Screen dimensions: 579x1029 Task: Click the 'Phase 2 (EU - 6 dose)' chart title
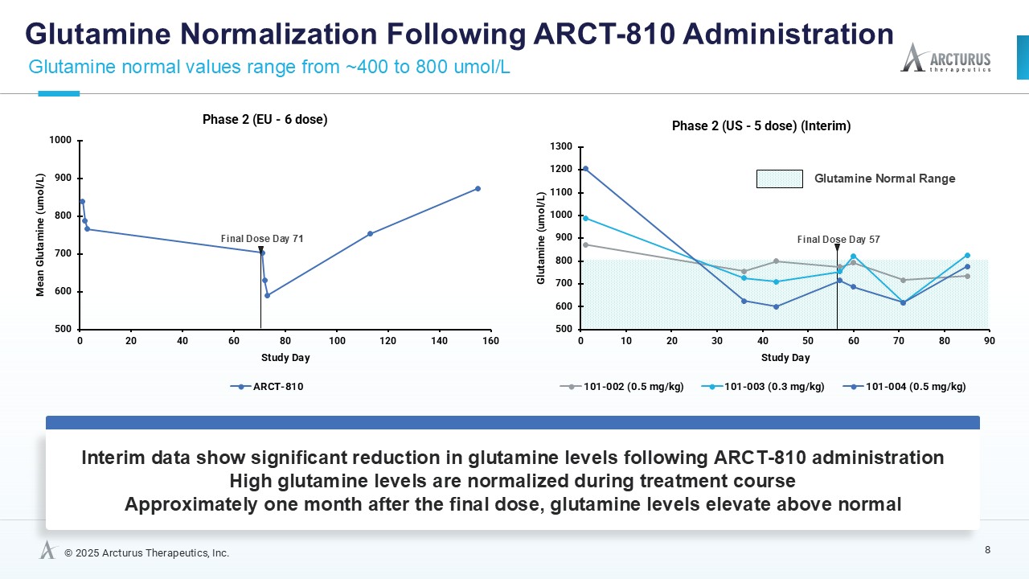[264, 120]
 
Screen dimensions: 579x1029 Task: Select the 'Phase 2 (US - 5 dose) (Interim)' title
[760, 126]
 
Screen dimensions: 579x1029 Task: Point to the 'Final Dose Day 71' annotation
[262, 239]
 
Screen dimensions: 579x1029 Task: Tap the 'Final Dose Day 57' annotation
[838, 240]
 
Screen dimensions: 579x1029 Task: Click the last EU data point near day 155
[478, 189]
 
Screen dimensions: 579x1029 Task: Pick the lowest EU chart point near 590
[267, 295]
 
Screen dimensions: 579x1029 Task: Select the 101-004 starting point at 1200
[585, 169]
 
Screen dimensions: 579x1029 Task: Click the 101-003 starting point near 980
[585, 218]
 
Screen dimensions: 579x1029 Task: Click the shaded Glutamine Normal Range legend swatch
[779, 179]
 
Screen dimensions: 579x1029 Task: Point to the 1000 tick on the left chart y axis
[63, 141]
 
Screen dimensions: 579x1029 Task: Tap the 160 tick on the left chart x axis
[490, 341]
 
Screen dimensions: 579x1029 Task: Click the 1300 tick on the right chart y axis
[561, 146]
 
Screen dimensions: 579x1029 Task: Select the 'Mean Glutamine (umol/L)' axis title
[40, 235]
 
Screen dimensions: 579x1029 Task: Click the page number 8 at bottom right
[987, 550]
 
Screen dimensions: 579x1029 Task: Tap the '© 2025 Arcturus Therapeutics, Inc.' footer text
[146, 553]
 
